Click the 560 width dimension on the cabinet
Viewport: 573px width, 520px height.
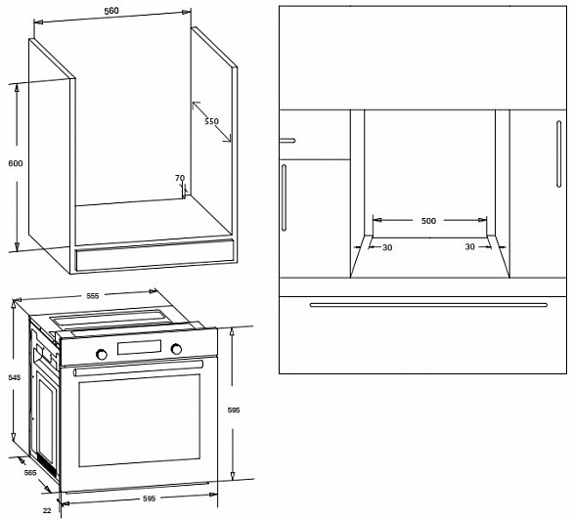click(111, 11)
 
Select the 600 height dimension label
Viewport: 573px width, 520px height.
click(16, 163)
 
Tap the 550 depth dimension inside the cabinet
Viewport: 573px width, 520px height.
click(211, 121)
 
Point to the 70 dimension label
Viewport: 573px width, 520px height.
click(180, 178)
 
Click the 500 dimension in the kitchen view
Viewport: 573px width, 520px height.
click(428, 221)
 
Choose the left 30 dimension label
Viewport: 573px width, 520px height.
click(387, 247)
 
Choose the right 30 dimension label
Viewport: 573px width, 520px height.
click(470, 247)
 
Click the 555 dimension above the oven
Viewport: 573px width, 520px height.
click(93, 296)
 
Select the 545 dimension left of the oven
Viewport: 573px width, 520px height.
click(15, 377)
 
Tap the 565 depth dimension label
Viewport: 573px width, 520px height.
click(30, 472)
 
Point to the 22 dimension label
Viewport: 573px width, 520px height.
click(47, 510)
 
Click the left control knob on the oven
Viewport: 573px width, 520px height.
click(102, 354)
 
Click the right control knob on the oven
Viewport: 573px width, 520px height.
click(176, 349)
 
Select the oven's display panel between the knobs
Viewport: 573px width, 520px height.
click(139, 347)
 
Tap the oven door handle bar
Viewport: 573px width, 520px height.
click(138, 368)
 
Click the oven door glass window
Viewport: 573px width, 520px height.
click(139, 420)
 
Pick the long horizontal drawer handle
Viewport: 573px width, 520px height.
click(428, 305)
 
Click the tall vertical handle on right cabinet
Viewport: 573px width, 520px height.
click(558, 154)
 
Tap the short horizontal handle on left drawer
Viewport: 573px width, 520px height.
click(287, 141)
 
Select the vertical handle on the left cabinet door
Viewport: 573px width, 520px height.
click(284, 197)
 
